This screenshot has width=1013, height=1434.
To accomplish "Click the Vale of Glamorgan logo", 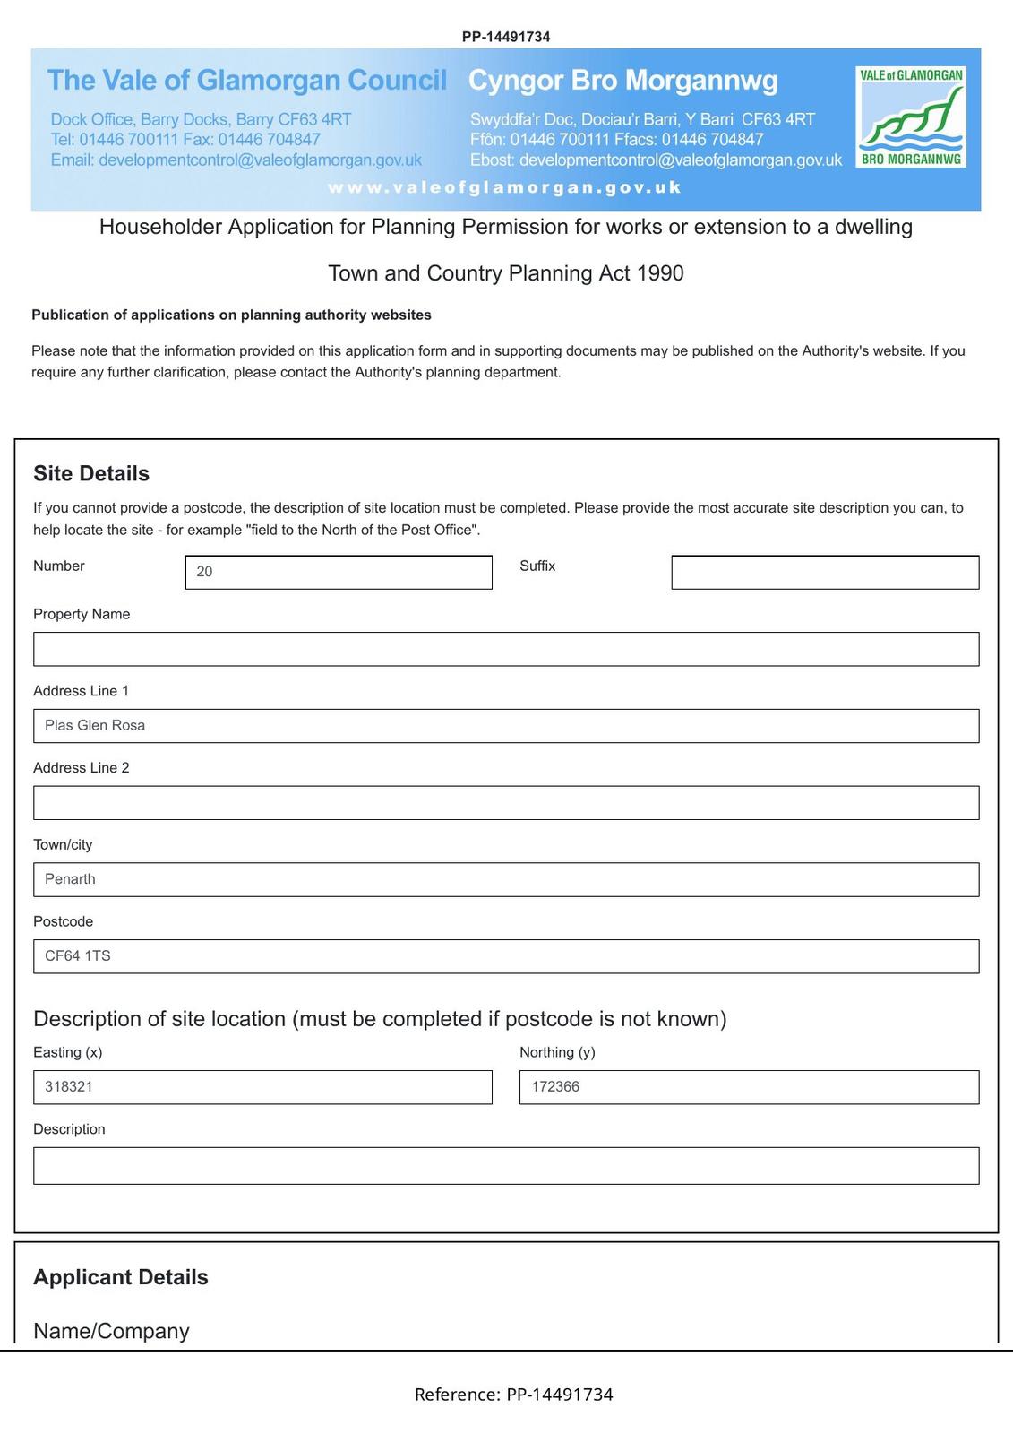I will (x=911, y=117).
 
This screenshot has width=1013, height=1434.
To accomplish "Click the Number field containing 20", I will (x=339, y=572).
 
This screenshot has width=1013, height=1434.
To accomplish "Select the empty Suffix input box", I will (x=825, y=572).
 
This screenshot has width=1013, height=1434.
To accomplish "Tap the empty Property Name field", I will (x=506, y=649).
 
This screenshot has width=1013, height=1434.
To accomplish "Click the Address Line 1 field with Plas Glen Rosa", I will (x=506, y=726).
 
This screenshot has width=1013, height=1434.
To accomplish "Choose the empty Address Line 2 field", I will (x=506, y=803).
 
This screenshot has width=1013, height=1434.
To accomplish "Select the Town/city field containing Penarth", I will (x=506, y=879).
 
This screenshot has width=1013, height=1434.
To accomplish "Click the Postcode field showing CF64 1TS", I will (x=506, y=956).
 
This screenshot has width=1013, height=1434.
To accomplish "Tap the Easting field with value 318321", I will (x=262, y=1087).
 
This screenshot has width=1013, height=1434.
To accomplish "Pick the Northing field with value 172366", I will (x=749, y=1087).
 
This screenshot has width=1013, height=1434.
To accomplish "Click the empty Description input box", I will (x=506, y=1166).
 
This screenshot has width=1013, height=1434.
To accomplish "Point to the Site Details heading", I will (x=91, y=473).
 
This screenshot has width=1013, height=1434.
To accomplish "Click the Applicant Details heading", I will (x=121, y=1277).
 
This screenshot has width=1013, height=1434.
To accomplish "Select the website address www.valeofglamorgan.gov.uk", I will (x=505, y=187).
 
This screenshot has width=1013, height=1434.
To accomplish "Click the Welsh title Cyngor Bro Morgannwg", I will (x=623, y=81).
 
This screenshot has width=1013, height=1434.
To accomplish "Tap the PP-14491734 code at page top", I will (x=506, y=37).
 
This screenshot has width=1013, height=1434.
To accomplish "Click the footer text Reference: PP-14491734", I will (x=513, y=1395).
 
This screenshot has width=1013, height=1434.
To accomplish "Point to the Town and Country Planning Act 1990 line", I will (x=506, y=273).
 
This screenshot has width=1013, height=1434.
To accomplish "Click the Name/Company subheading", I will (x=111, y=1331).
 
